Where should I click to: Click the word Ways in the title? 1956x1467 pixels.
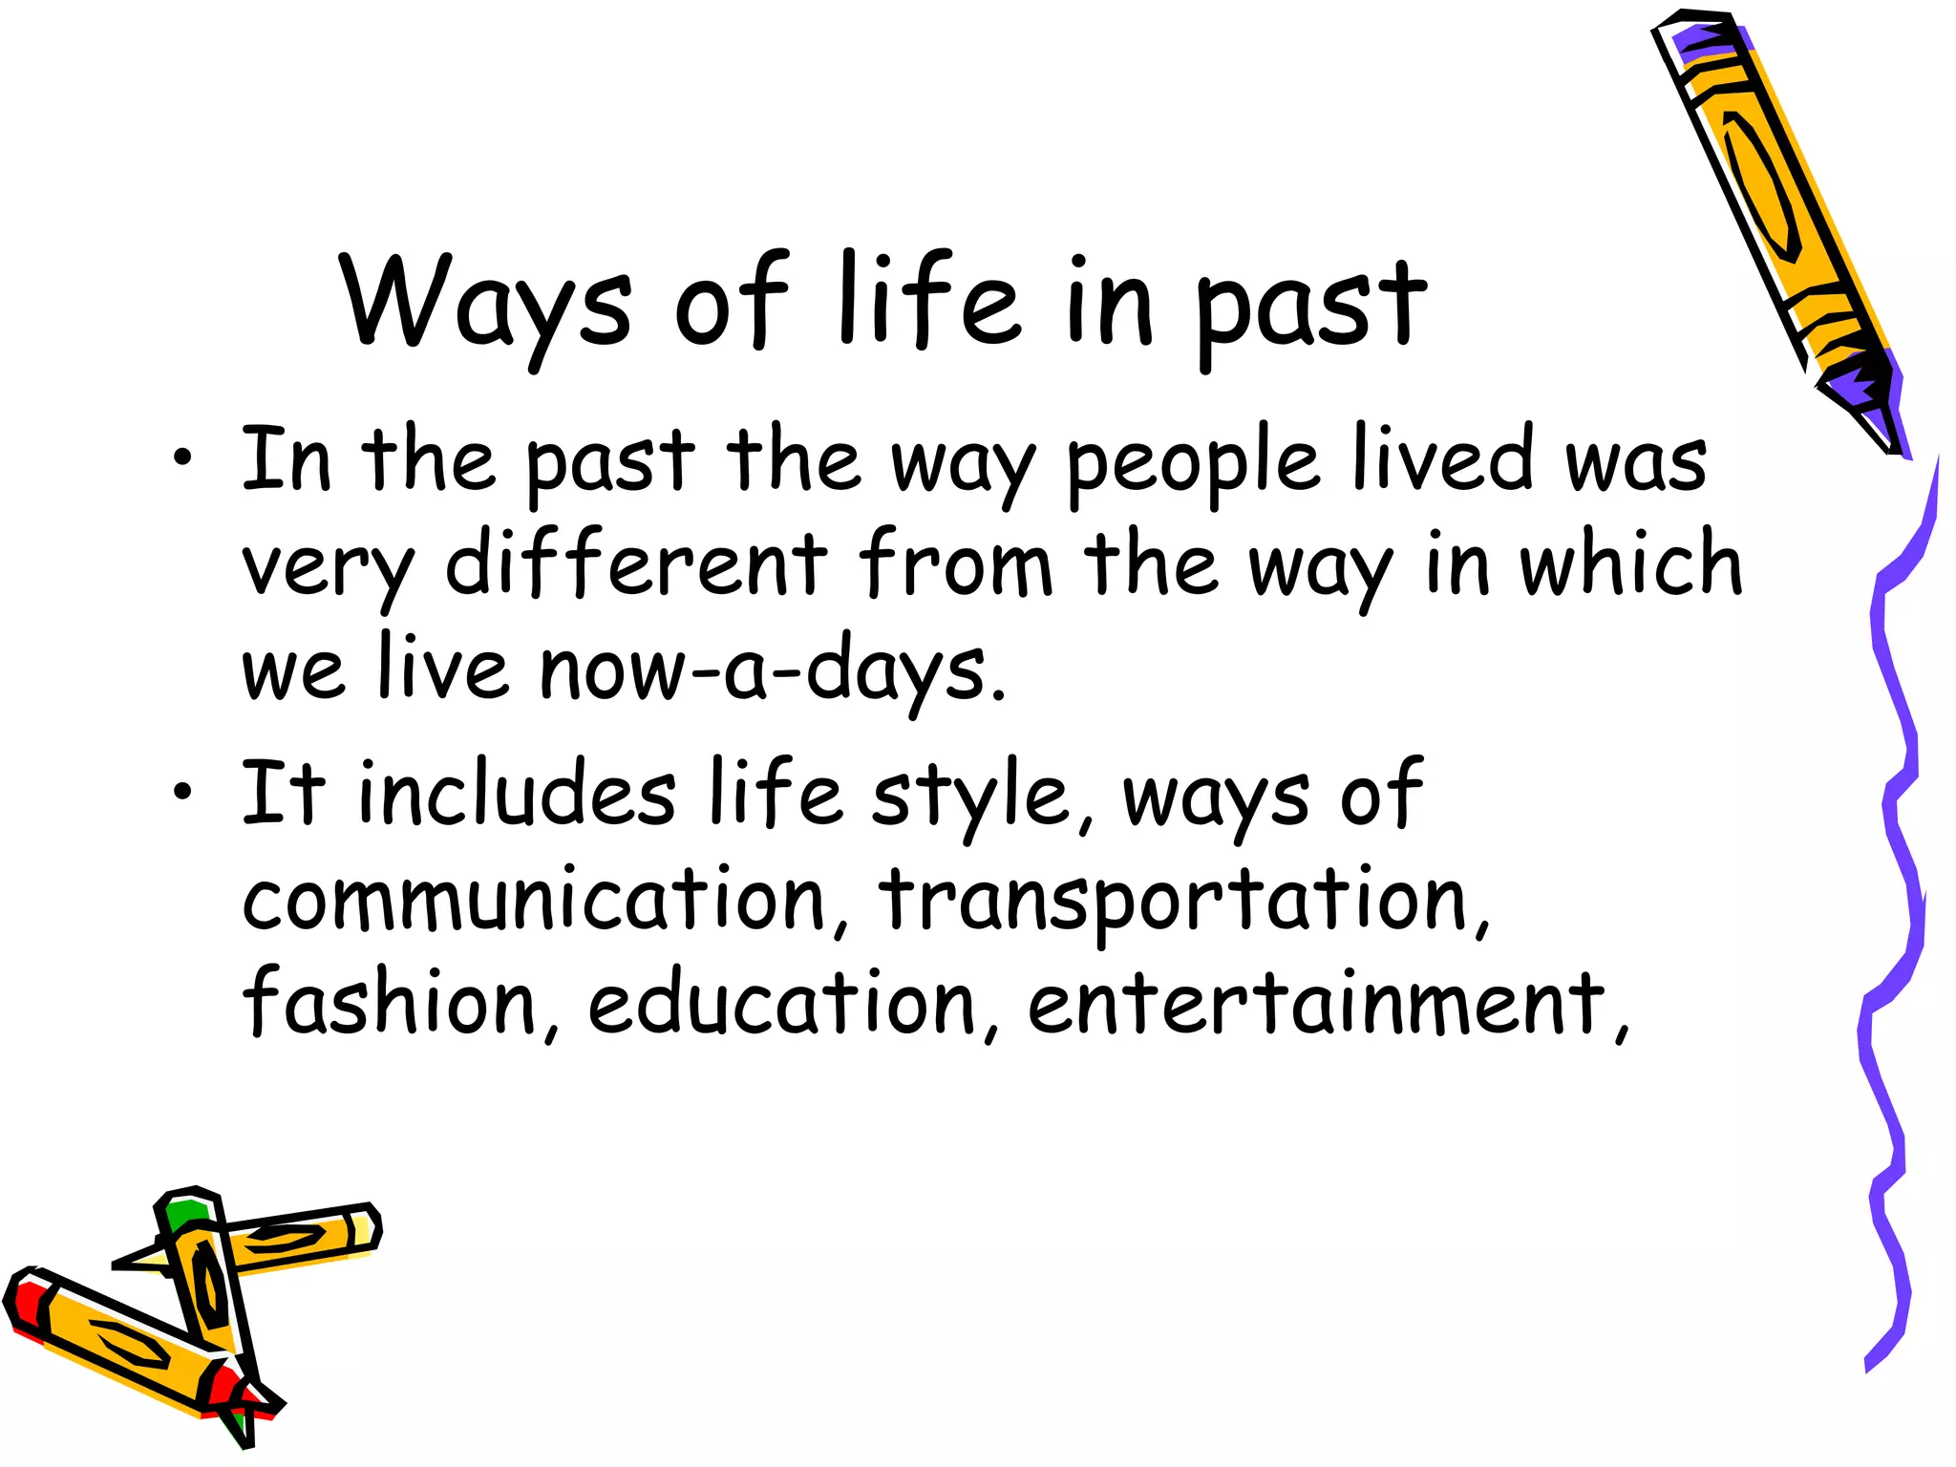[x=485, y=304]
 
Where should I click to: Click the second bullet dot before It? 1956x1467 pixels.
[x=181, y=792]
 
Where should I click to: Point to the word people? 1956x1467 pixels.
[x=1192, y=464]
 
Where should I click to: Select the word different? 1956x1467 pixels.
[x=636, y=563]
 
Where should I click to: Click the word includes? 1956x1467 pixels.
[x=517, y=793]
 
